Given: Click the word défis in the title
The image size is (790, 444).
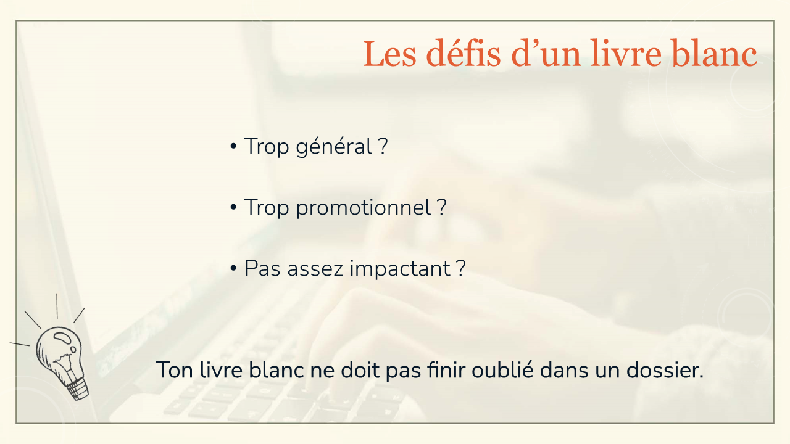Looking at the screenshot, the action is point(463,53).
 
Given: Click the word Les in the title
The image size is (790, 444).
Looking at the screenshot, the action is point(389,53).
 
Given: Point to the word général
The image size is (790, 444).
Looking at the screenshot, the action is point(334,147).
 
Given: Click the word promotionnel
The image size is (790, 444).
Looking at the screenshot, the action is point(364,208).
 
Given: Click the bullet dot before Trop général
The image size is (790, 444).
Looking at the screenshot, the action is point(233,146).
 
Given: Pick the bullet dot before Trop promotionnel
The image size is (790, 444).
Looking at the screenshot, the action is point(233,207).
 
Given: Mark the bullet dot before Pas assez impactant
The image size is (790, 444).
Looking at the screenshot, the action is point(233,268).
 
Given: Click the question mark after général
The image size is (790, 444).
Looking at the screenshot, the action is point(383,146).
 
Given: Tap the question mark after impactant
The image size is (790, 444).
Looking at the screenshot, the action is point(461,268).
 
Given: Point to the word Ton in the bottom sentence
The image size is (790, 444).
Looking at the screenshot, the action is point(175,370).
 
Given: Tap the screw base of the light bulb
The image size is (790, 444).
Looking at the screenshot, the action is point(78,389).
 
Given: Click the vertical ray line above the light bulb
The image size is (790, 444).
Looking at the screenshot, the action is point(57,306).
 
